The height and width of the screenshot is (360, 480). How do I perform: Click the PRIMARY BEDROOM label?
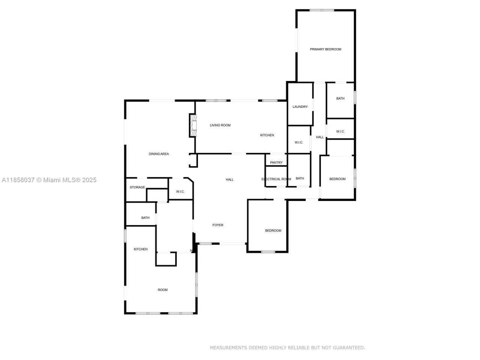pyautogui.click(x=325, y=49)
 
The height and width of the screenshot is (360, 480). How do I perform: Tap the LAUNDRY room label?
pyautogui.click(x=300, y=107)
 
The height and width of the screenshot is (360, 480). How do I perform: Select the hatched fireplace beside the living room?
pyautogui.click(x=193, y=125)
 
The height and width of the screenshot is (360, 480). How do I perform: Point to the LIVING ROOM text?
pyautogui.click(x=220, y=125)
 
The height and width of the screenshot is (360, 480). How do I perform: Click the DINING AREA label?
pyautogui.click(x=159, y=154)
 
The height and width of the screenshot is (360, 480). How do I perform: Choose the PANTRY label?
pyautogui.click(x=276, y=162)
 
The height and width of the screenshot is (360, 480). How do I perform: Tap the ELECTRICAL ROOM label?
pyautogui.click(x=276, y=179)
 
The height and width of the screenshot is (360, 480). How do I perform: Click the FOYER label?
pyautogui.click(x=218, y=225)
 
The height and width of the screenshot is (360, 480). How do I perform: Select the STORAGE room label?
pyautogui.click(x=137, y=187)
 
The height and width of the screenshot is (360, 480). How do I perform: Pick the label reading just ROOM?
pyautogui.click(x=163, y=290)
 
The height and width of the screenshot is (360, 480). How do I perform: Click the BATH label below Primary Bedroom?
pyautogui.click(x=340, y=99)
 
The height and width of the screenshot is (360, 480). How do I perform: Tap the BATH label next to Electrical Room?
pyautogui.click(x=300, y=178)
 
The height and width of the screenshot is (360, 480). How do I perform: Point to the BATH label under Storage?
pyautogui.click(x=145, y=218)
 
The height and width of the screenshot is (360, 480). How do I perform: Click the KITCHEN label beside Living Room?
pyautogui.click(x=267, y=135)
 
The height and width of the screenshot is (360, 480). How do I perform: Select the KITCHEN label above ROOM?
pyautogui.click(x=141, y=249)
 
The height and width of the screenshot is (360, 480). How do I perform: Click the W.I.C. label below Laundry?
pyautogui.click(x=299, y=142)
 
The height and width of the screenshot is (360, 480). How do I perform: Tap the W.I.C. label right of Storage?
pyautogui.click(x=180, y=192)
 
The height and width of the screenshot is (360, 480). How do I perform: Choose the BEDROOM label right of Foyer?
pyautogui.click(x=273, y=231)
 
